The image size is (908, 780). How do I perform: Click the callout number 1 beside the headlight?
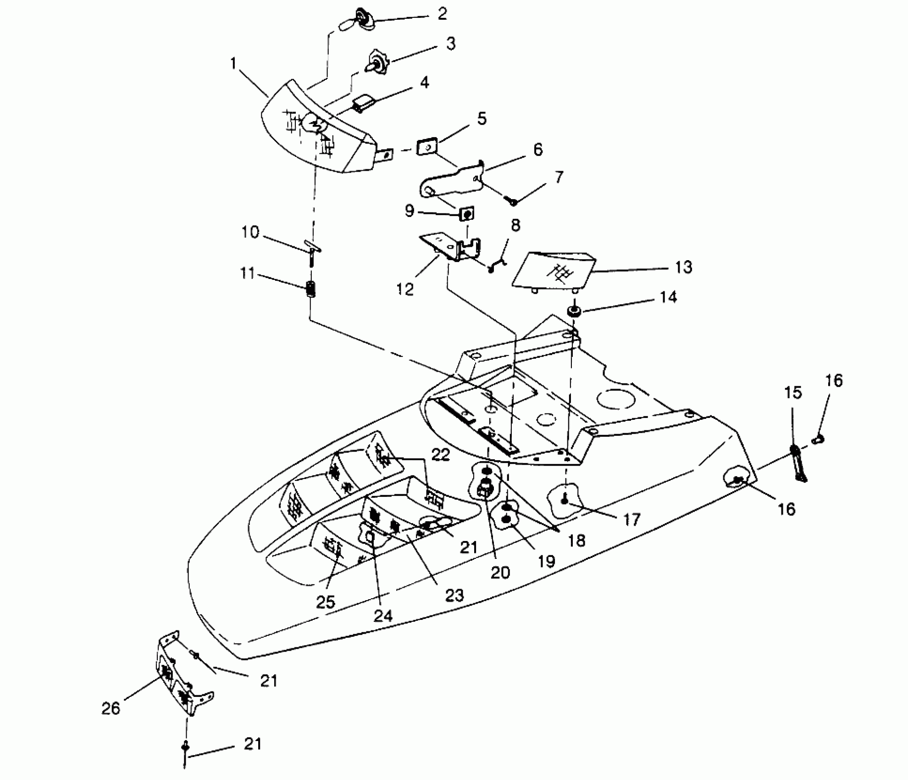pos(233,63)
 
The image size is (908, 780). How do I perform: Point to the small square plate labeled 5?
pos(426,148)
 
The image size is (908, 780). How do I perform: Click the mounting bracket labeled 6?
pos(452,181)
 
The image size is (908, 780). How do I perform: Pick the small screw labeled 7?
pos(513,201)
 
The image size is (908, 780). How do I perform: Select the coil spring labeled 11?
pos(311,290)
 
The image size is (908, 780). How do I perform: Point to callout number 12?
pos(405,289)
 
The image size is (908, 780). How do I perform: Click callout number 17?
pos(631,519)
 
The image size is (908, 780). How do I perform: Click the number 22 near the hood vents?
pos(441,454)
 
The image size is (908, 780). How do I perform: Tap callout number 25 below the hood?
pos(326,602)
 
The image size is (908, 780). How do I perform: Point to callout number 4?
pos(425,83)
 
